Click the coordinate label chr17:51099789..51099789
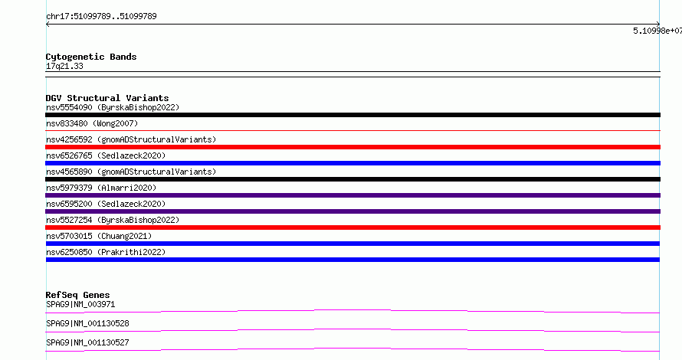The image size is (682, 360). [x=101, y=17]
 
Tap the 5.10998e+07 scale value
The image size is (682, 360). [x=657, y=31]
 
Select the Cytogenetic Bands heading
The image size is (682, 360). [x=91, y=57]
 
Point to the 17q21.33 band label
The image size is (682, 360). [x=64, y=66]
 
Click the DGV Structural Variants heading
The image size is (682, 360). [x=107, y=98]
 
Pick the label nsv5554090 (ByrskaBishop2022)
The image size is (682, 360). [x=113, y=107]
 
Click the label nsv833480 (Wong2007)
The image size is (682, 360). [x=92, y=123]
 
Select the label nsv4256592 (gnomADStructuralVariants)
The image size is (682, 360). [x=131, y=139]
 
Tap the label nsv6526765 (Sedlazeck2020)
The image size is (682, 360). [x=106, y=155]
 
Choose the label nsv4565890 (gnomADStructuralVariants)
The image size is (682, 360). [x=131, y=172]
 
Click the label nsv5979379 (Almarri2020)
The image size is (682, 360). [x=101, y=188]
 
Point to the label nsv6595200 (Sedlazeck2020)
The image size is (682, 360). [x=106, y=204]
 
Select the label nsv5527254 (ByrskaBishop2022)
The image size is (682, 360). [x=113, y=220]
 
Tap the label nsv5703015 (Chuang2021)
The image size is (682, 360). [x=99, y=236]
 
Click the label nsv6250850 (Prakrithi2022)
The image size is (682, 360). [x=106, y=252]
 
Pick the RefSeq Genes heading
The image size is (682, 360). [x=77, y=295]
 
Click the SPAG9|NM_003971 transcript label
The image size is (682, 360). [x=80, y=304]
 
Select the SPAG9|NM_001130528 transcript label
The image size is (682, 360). [x=87, y=323]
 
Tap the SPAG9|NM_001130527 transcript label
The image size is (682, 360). [x=87, y=342]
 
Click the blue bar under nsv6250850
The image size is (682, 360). [x=352, y=260]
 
